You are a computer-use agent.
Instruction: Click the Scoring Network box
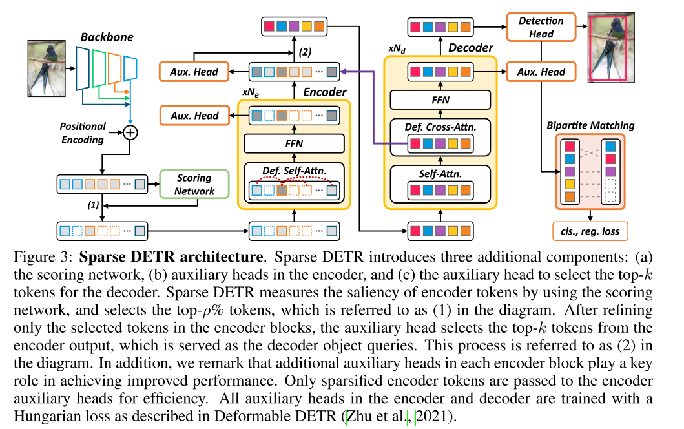[194, 184]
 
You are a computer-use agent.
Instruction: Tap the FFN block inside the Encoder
[294, 143]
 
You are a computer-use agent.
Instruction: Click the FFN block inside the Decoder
[440, 99]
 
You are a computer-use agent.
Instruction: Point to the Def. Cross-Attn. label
[440, 127]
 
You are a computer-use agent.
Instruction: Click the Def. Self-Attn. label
[294, 171]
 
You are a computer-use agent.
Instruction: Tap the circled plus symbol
[130, 132]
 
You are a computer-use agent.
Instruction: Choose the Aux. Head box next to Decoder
[541, 72]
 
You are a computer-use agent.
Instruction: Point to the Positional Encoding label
[82, 132]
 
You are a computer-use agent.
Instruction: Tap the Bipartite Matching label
[590, 125]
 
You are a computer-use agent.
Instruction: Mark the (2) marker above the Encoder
[305, 51]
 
